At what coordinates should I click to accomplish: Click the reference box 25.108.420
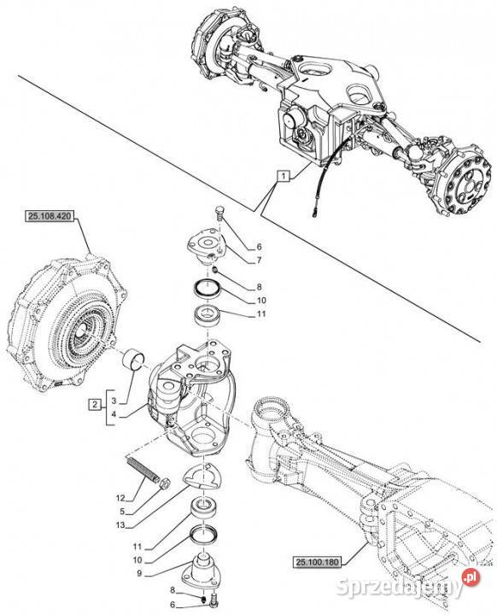(x=50, y=216)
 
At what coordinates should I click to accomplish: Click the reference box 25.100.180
(x=318, y=562)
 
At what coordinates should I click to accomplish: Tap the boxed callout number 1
(x=284, y=176)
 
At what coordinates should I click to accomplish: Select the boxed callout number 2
(x=95, y=403)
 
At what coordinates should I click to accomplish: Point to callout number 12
(x=120, y=498)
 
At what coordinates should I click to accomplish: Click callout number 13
(x=120, y=524)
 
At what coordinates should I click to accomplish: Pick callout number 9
(x=140, y=573)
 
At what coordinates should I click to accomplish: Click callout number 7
(x=259, y=260)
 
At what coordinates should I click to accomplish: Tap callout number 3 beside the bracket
(x=114, y=401)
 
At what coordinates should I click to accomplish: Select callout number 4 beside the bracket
(x=114, y=414)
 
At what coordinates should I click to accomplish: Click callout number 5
(x=122, y=512)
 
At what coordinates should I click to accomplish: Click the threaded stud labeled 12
(x=143, y=468)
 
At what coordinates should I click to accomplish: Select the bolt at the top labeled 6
(x=219, y=214)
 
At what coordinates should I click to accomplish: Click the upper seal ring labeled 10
(x=208, y=289)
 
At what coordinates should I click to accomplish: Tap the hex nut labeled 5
(x=165, y=483)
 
